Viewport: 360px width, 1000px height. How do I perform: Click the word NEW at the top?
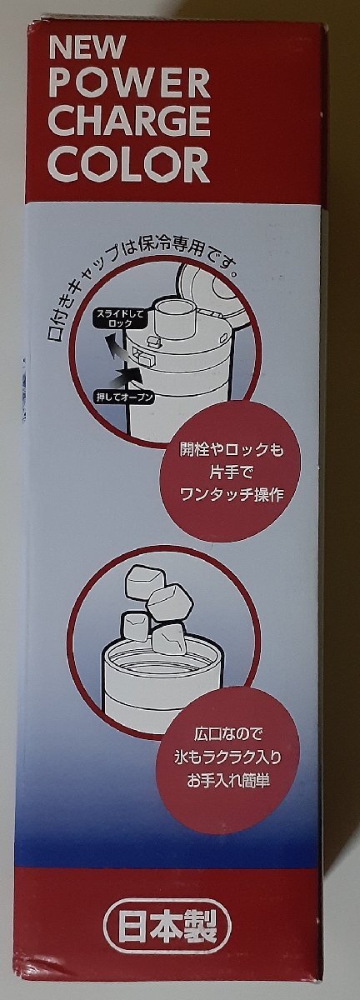click(x=87, y=47)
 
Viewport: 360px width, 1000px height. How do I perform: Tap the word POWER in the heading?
click(x=129, y=83)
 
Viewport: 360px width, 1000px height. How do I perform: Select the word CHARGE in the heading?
click(x=129, y=122)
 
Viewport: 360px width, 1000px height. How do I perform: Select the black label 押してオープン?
click(x=123, y=397)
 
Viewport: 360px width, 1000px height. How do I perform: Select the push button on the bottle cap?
click(x=144, y=357)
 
